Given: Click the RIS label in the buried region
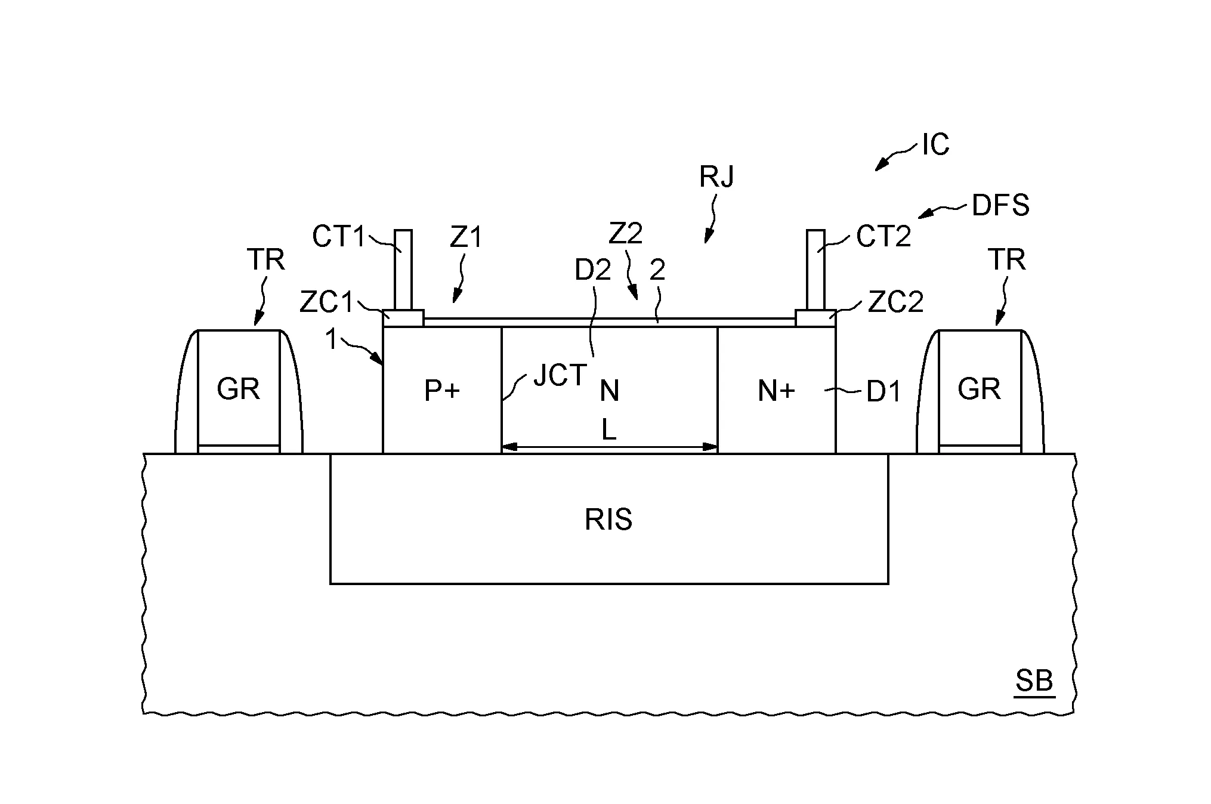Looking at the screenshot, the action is (608, 519).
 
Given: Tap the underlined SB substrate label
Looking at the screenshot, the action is (1034, 681).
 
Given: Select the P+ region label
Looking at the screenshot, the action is (442, 391).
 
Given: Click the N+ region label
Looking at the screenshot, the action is (776, 391).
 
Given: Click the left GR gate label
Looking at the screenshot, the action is (238, 389).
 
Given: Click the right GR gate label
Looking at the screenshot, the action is (979, 389).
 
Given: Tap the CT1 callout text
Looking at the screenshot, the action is (338, 237).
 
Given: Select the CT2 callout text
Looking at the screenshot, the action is (883, 237).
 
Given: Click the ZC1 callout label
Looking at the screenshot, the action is (326, 302).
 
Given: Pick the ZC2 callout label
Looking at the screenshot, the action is (895, 302).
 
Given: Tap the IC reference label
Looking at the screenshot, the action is (935, 145).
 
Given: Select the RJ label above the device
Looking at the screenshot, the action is (717, 177).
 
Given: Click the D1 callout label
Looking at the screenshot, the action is (883, 391).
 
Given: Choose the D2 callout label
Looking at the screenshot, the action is (593, 271).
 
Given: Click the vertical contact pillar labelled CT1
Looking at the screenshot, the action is (403, 270).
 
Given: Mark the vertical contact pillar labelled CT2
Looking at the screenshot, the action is (815, 270).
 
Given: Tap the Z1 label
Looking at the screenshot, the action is (466, 237).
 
